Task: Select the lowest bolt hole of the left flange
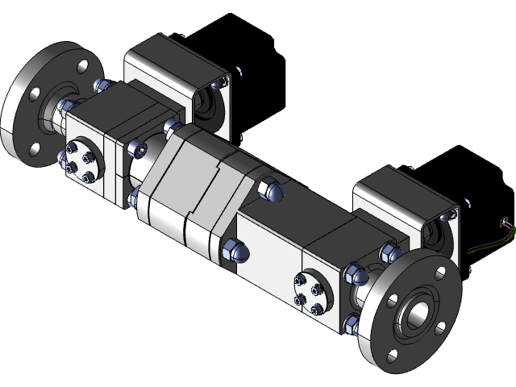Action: click(x=35, y=148)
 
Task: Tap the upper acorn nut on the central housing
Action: click(x=268, y=189)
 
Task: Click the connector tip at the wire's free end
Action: click(x=506, y=223)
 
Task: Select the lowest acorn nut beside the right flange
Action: click(x=352, y=325)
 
